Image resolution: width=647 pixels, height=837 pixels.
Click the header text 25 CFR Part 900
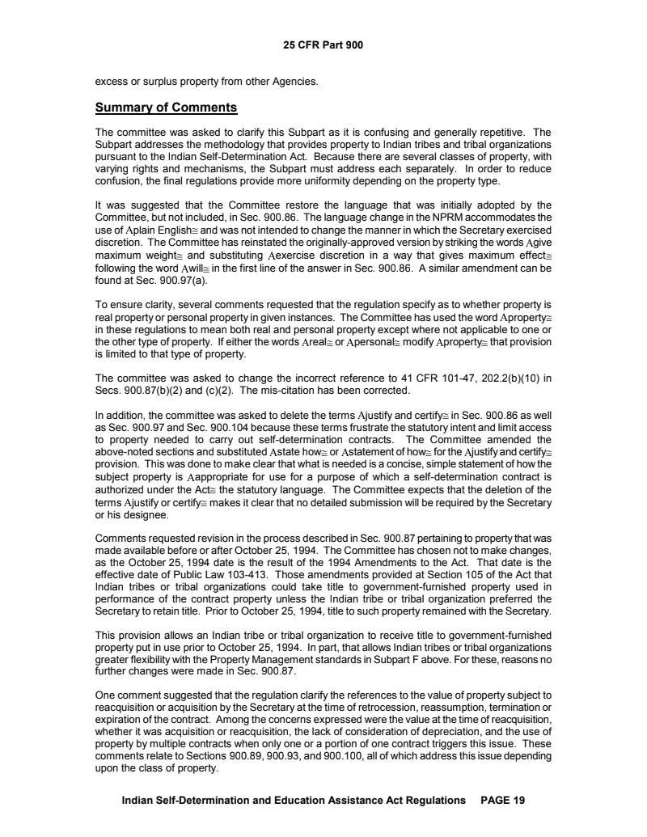(x=323, y=44)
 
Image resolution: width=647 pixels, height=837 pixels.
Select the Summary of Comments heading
(x=166, y=107)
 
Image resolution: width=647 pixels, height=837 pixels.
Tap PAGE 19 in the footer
(x=503, y=801)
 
